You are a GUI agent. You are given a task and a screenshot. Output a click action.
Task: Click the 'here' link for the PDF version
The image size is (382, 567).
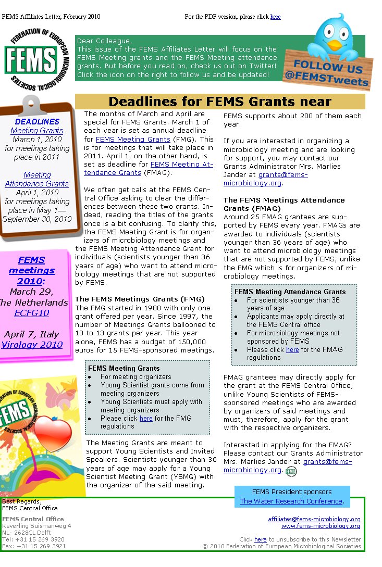tap(275, 17)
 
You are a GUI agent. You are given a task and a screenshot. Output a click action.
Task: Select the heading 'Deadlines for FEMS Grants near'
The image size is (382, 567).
tap(219, 102)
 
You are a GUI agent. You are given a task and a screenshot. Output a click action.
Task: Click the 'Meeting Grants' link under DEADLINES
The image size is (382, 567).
tap(36, 131)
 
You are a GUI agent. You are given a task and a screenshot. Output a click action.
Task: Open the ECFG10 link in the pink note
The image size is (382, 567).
tap(31, 313)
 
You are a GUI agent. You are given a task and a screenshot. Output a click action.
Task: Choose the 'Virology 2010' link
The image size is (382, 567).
tap(31, 345)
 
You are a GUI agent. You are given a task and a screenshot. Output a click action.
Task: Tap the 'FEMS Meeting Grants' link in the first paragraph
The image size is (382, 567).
tap(133, 139)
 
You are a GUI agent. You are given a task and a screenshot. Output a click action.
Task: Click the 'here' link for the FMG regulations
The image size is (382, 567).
tap(146, 418)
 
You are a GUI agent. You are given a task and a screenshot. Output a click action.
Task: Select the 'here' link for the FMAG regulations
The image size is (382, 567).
tap(292, 349)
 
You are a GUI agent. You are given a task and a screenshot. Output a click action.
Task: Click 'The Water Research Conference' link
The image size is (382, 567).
tap(291, 501)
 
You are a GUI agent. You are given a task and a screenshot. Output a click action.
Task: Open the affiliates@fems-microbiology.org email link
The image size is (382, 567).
tap(314, 519)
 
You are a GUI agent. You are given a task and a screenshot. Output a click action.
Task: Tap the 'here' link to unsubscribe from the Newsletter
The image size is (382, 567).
tap(260, 539)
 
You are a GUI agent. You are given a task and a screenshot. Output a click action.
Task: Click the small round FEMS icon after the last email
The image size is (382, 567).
tap(291, 471)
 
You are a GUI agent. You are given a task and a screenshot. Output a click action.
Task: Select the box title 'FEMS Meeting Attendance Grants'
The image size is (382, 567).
tap(290, 292)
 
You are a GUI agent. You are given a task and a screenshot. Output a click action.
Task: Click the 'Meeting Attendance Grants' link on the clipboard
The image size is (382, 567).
tap(36, 179)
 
